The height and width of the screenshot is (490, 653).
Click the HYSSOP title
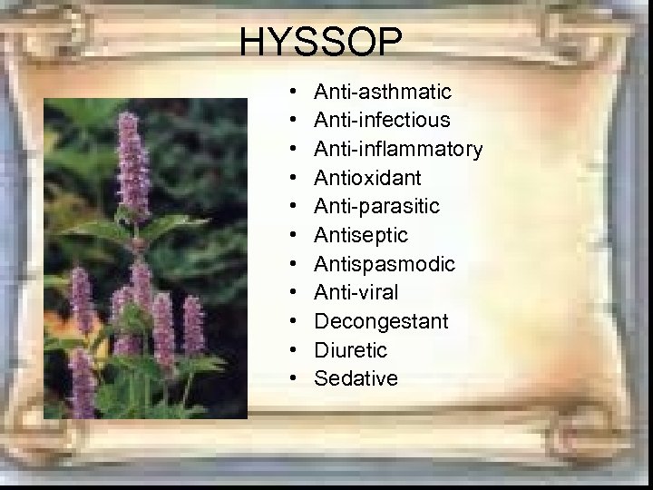point(323,42)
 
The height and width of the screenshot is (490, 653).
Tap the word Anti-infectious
point(382,121)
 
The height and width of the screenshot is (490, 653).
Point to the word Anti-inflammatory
point(398,149)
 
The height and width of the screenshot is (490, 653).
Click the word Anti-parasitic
point(376,207)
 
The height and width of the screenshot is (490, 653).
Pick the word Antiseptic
point(361,235)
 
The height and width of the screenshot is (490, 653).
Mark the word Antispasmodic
point(385,264)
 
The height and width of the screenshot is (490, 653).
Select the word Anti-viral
point(356,292)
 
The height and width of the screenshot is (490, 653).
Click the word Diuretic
point(350,350)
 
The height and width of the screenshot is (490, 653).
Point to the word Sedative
point(356,378)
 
